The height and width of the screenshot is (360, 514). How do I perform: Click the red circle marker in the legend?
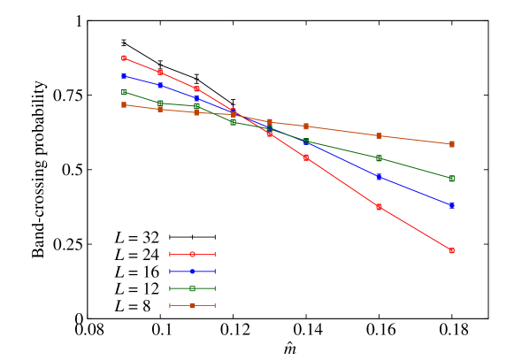(192, 254)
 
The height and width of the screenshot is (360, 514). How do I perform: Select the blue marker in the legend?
(192, 272)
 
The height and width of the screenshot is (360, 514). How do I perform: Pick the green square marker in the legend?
(192, 288)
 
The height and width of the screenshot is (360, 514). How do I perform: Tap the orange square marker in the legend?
(192, 306)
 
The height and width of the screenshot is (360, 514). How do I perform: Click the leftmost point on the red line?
(124, 58)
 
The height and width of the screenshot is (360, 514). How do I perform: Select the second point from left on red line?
(160, 73)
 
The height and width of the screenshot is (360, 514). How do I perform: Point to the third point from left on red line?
(196, 89)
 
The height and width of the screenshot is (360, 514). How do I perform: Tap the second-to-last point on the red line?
(379, 207)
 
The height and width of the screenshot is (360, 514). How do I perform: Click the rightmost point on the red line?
(451, 251)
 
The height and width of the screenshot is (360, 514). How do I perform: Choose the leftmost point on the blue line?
(124, 76)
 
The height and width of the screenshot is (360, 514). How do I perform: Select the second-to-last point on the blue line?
(379, 177)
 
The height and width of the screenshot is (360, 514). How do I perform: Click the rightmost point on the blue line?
(451, 205)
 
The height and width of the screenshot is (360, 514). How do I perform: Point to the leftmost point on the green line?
(124, 92)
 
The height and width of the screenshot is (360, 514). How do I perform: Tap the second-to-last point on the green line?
(379, 158)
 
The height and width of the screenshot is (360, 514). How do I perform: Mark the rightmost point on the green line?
(451, 179)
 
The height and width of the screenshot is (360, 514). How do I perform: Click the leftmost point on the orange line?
(124, 104)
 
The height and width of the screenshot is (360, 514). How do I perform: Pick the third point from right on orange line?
(306, 126)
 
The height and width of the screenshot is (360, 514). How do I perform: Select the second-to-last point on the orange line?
(379, 136)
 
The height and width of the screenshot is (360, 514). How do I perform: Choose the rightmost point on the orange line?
(451, 144)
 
